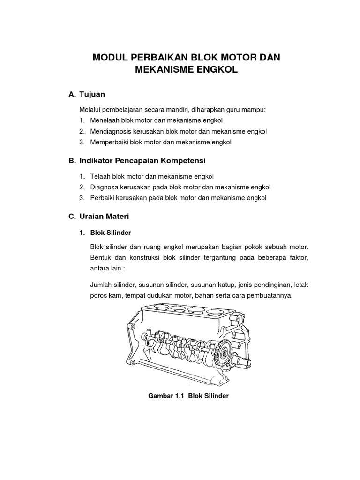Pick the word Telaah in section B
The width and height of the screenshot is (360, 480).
[x=99, y=177]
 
